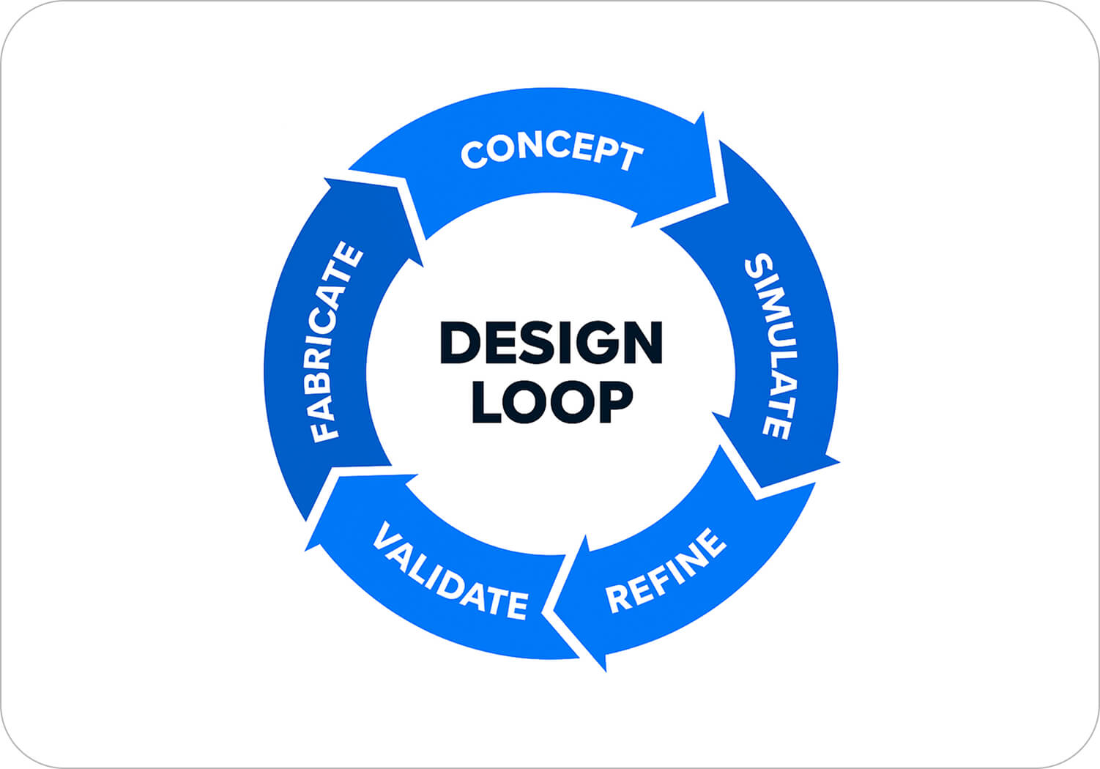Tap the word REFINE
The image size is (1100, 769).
(666, 571)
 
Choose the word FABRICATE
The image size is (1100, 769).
(334, 343)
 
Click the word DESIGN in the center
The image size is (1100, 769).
(551, 342)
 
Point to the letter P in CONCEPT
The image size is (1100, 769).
(603, 151)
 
